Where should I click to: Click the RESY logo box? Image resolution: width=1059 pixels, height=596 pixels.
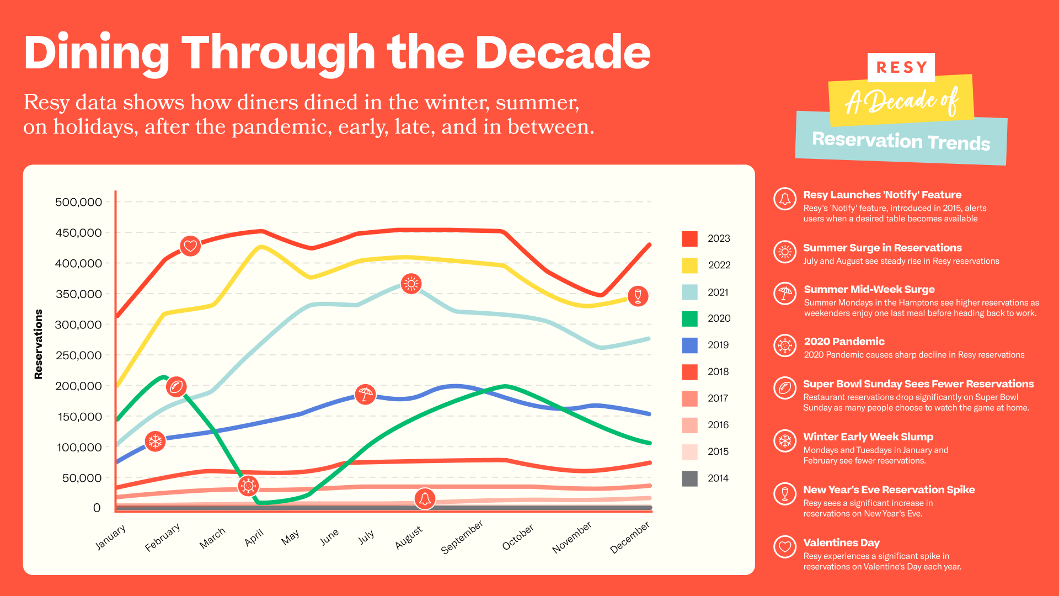[901, 67]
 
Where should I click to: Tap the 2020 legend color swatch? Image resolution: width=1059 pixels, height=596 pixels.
[689, 318]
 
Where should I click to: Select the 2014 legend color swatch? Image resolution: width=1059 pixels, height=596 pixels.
[689, 478]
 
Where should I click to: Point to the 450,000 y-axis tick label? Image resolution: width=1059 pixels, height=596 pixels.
[78, 233]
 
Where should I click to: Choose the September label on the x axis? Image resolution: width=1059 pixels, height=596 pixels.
[462, 536]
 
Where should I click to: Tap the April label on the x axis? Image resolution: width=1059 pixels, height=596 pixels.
[254, 537]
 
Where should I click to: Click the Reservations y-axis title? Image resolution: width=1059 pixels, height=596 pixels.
[38, 344]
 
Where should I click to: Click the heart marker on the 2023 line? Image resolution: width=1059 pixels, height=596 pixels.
[190, 246]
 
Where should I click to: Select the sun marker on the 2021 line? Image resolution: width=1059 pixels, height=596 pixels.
[411, 284]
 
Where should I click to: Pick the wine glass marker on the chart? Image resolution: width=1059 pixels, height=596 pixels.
[638, 296]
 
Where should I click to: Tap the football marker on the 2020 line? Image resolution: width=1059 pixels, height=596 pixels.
[176, 387]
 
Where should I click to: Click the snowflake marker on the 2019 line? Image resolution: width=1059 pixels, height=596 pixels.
[156, 441]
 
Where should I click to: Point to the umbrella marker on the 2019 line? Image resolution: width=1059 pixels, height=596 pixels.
[365, 394]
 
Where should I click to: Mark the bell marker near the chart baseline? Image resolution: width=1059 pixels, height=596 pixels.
[425, 499]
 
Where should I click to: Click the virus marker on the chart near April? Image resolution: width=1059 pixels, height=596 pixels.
[248, 486]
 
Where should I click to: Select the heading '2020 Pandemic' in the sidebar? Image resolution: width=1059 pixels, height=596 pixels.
[844, 342]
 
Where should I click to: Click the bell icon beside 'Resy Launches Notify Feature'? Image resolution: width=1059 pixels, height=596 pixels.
[785, 199]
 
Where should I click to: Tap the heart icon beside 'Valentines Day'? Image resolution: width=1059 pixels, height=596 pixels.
[785, 547]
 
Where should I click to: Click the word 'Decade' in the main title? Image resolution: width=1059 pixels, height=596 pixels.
[563, 53]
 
